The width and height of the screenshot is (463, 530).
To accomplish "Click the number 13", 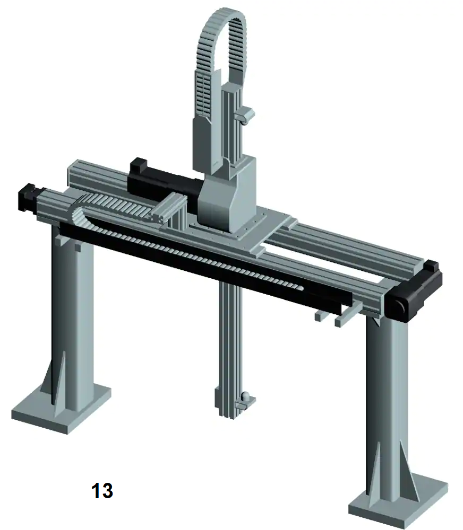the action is (102, 490).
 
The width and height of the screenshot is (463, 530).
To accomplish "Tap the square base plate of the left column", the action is (61, 411).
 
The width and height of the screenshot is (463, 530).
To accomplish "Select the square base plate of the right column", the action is (398, 502).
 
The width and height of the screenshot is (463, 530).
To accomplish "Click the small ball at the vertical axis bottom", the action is (246, 395).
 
